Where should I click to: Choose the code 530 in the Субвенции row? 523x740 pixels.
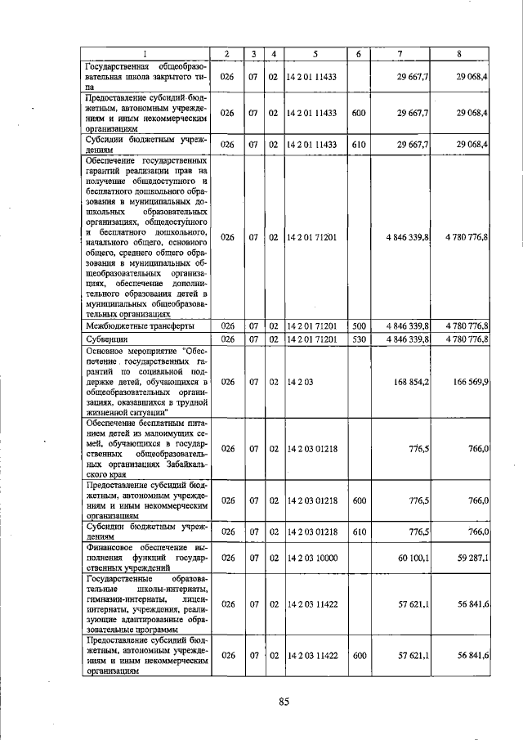point(358,339)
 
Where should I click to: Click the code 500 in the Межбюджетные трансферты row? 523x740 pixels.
point(358,325)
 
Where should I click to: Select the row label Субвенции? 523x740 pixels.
point(106,339)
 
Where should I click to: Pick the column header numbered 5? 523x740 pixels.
point(315,54)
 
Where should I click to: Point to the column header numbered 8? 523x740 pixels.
point(460,54)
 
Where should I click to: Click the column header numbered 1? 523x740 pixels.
point(146,54)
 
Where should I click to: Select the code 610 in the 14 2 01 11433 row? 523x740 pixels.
point(358,145)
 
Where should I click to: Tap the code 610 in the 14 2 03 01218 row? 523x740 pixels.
point(358,531)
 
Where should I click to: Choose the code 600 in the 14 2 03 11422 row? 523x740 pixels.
point(358,656)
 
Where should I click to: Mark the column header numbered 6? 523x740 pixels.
point(358,54)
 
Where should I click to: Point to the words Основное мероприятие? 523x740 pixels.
point(133,350)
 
